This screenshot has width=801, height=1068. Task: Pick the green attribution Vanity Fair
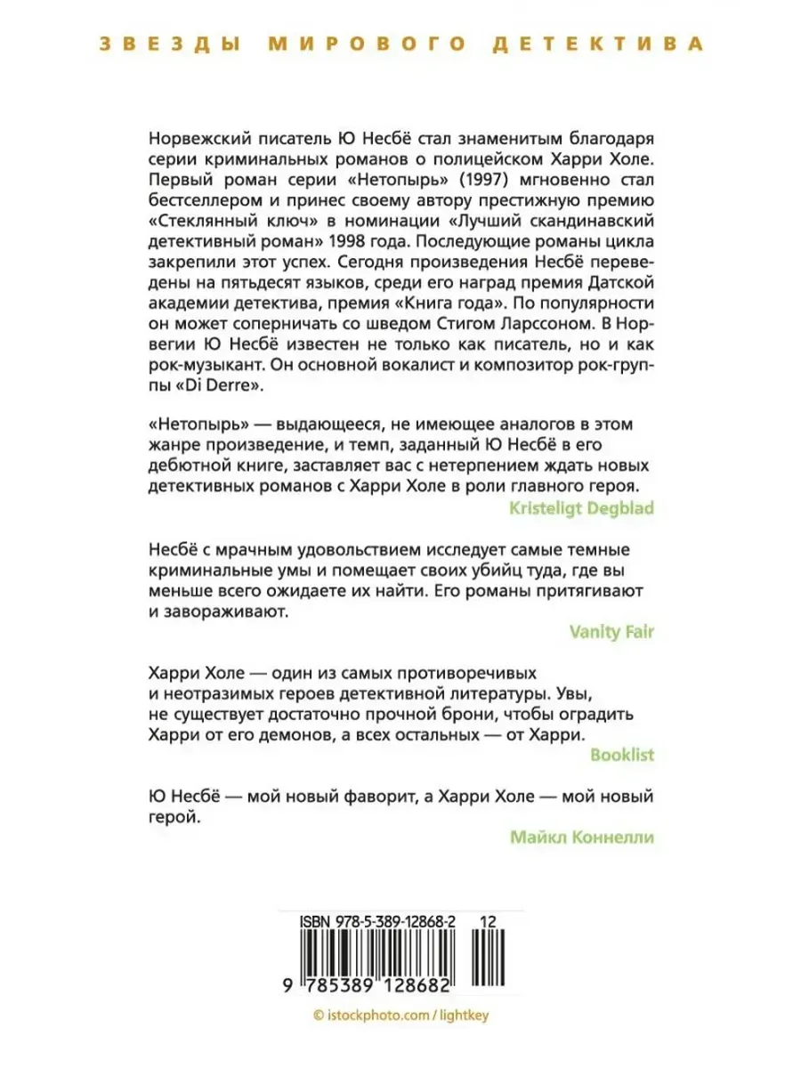[611, 632]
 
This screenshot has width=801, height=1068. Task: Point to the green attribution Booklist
[622, 755]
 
